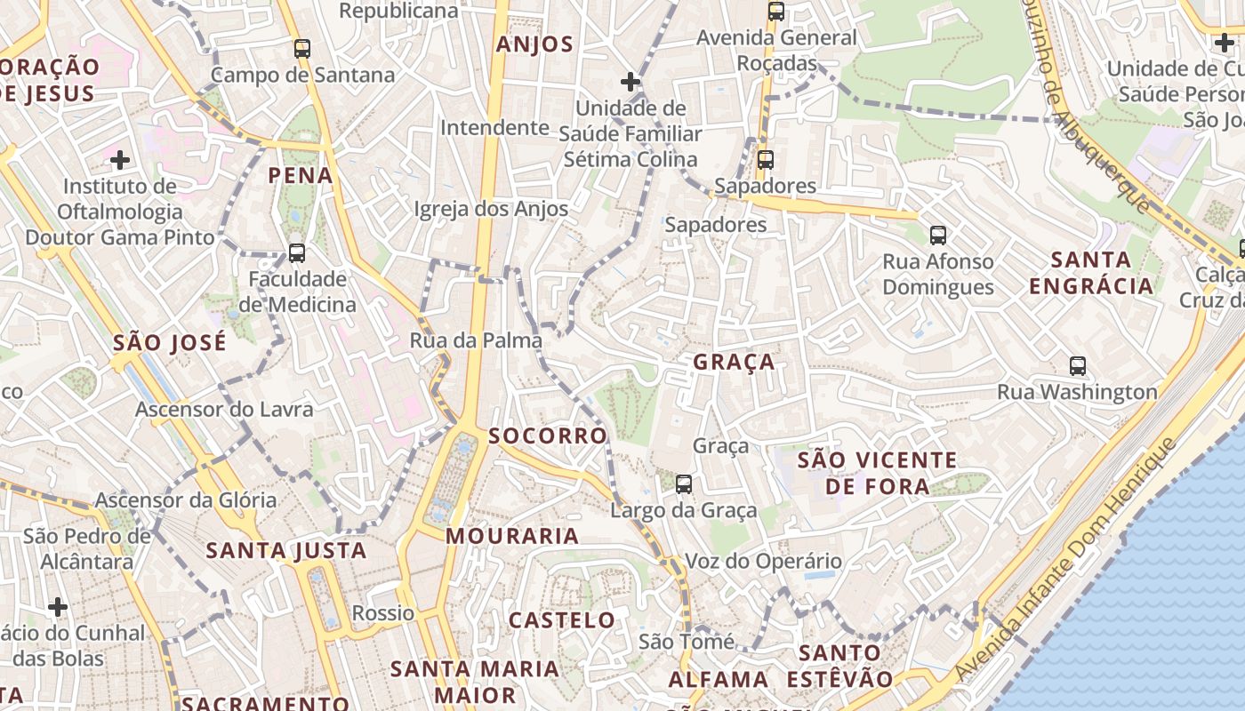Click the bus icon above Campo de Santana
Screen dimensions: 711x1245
point(302,49)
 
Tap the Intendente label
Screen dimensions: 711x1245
point(495,127)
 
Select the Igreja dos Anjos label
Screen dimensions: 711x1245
point(491,209)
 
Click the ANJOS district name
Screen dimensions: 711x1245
point(535,44)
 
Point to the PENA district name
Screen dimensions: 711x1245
point(301,175)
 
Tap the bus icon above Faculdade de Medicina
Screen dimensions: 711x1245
point(297,253)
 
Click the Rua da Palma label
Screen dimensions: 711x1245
point(476,340)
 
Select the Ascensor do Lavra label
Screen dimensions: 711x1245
point(224,410)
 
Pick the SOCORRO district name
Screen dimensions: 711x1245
point(548,435)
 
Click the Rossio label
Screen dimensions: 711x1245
point(383,613)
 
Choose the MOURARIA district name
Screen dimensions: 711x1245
point(512,536)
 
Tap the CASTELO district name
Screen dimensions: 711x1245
point(562,620)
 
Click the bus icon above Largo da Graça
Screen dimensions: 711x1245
point(683,484)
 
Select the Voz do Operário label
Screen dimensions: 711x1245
point(763,562)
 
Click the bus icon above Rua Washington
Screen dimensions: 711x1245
point(1078,365)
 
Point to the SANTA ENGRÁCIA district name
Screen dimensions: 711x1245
point(1103,273)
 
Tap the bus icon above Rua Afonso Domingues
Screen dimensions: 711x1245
point(938,236)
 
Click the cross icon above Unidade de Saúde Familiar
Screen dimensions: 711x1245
point(631,83)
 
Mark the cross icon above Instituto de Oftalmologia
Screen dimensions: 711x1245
point(120,160)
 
